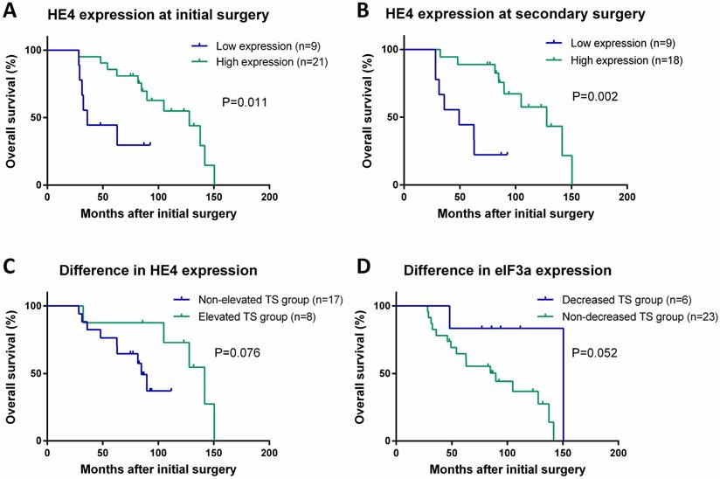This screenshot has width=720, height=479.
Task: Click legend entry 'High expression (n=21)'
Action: coord(253,60)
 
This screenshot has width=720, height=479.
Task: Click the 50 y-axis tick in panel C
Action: coord(31,373)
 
